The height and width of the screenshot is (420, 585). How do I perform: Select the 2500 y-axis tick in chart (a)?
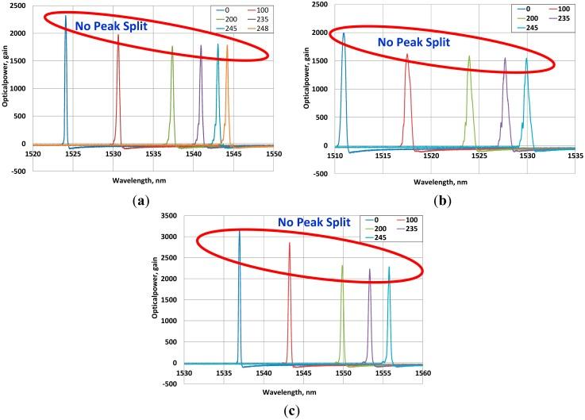(x=21, y=6)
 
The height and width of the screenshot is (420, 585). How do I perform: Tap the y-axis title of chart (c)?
(x=156, y=288)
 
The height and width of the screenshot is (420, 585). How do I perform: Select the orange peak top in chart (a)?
(x=227, y=46)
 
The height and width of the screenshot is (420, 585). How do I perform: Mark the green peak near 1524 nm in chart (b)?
(x=469, y=56)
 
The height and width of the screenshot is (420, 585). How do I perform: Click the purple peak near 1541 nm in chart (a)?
(x=201, y=46)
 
